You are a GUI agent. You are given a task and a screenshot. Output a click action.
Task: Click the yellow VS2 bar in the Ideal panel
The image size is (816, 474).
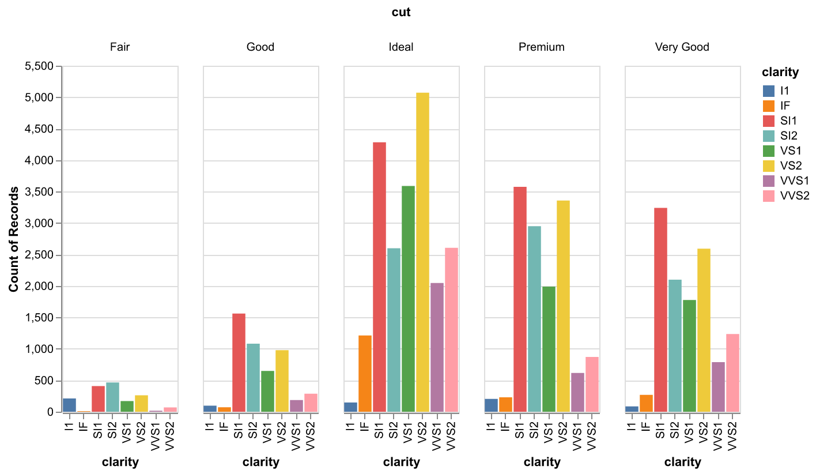pyautogui.click(x=422, y=253)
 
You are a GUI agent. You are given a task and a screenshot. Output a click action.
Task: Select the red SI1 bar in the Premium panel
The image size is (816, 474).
pyautogui.click(x=520, y=299)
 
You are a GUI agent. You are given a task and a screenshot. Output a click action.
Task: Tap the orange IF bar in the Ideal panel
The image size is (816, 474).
pyautogui.click(x=365, y=374)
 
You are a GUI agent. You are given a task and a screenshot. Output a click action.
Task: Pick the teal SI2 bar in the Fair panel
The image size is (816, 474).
pyautogui.click(x=112, y=397)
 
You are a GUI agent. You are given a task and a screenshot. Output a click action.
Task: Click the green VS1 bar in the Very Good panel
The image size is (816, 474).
pyautogui.click(x=689, y=356)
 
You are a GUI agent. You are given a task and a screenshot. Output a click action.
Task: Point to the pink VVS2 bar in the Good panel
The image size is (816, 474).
pyautogui.click(x=311, y=403)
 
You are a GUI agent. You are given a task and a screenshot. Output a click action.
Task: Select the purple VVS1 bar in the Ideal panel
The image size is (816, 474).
pyautogui.click(x=437, y=348)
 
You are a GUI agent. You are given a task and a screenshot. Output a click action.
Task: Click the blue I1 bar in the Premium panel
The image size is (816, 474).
pyautogui.click(x=491, y=405)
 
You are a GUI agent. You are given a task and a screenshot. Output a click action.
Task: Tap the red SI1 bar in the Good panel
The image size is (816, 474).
pyautogui.click(x=239, y=363)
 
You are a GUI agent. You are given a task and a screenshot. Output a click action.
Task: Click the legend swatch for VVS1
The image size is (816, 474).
pyautogui.click(x=768, y=181)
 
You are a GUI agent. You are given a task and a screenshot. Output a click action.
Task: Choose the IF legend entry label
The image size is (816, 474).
pyautogui.click(x=785, y=106)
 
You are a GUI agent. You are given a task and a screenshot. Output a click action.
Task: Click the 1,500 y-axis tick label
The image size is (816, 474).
pyautogui.click(x=39, y=318)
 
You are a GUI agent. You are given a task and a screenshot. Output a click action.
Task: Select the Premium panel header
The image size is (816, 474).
pyautogui.click(x=542, y=47)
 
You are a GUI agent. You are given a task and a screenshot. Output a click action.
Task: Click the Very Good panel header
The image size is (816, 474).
pyautogui.click(x=682, y=47)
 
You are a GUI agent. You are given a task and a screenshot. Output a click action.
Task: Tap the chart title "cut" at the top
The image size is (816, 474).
pyautogui.click(x=401, y=12)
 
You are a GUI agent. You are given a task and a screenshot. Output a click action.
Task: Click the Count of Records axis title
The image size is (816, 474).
pyautogui.click(x=13, y=239)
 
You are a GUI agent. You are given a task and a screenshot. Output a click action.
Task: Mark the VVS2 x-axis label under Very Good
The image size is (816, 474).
pyautogui.click(x=732, y=436)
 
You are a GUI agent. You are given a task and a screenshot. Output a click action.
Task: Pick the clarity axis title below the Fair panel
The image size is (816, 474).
pyautogui.click(x=120, y=462)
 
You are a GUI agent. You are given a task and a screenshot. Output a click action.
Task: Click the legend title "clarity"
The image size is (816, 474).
pyautogui.click(x=780, y=72)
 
